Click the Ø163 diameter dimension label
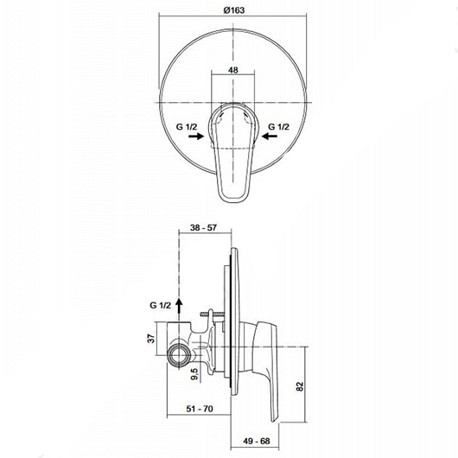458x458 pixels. point(234,10)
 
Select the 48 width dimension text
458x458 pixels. point(233,70)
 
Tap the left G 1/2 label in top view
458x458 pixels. point(187,127)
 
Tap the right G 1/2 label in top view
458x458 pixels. point(278,127)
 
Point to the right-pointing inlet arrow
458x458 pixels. point(196,136)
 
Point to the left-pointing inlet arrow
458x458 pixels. point(270,136)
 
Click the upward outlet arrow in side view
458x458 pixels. point(180,306)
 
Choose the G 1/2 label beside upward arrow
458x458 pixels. point(161,305)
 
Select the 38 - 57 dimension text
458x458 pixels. point(203,227)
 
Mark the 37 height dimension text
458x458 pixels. point(151,338)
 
